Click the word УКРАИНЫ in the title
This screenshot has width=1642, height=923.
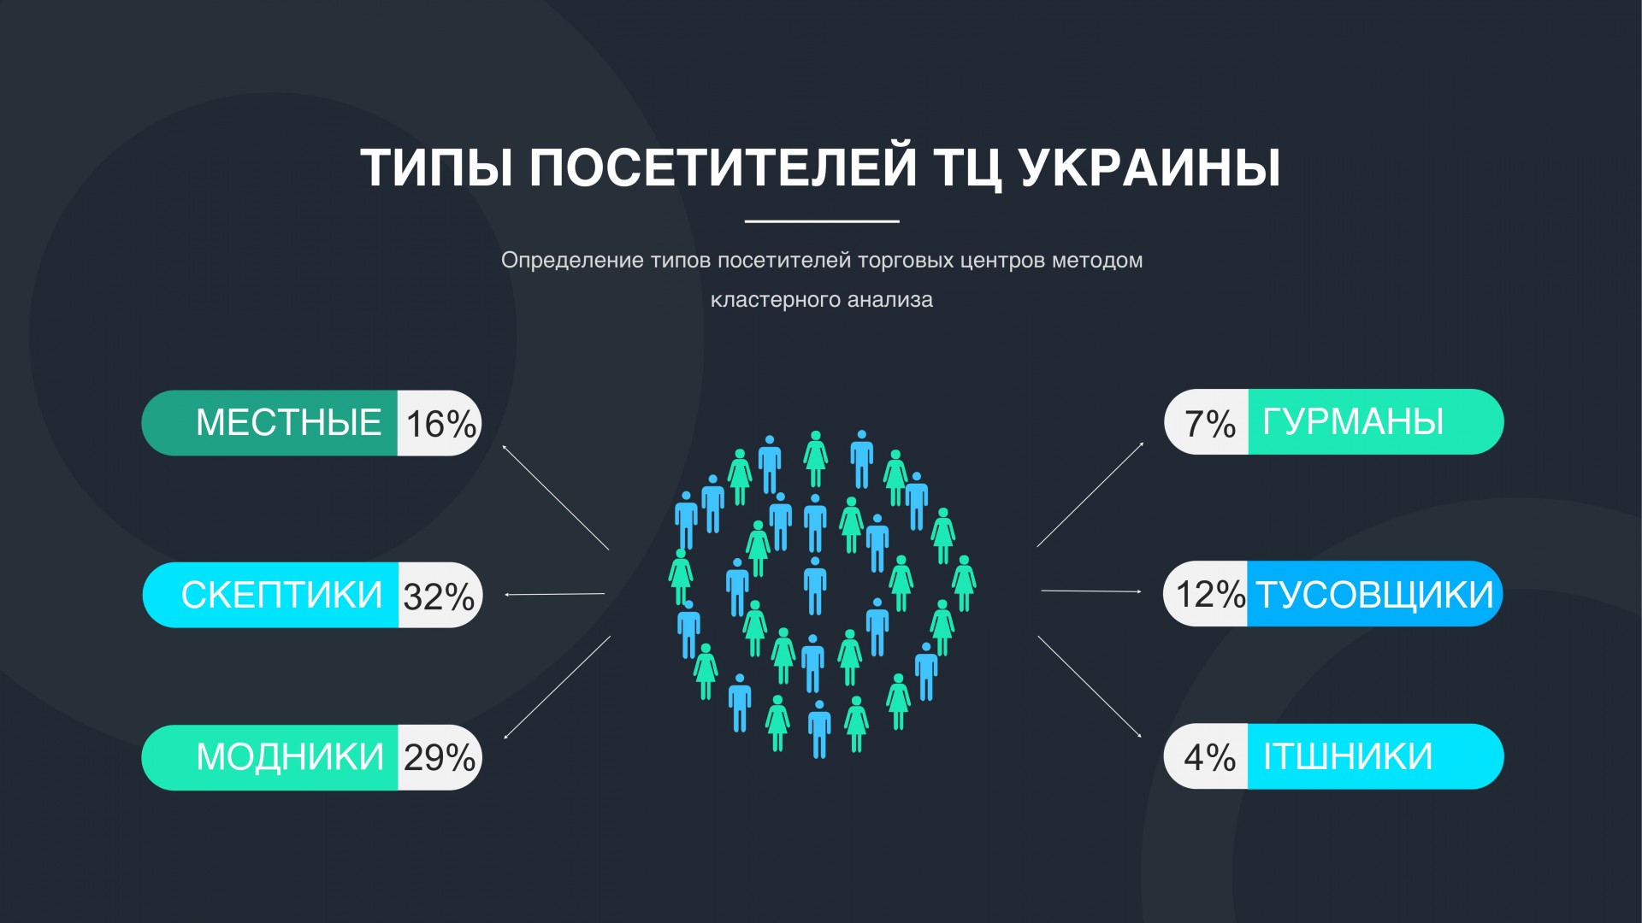point(1150,168)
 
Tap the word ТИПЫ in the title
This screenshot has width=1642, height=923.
point(437,168)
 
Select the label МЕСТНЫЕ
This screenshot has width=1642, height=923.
point(288,423)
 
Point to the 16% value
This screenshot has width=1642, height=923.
point(440,424)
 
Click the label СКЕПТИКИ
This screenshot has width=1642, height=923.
point(281,595)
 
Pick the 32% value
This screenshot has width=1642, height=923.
point(439,597)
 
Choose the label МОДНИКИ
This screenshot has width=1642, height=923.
point(290,757)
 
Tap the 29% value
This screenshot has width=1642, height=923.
point(440,758)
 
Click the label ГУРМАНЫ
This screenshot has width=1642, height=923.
point(1353,422)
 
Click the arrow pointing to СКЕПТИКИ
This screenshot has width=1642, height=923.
point(555,594)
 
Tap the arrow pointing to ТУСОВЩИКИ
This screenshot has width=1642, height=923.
point(1091,591)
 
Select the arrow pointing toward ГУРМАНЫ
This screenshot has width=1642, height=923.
point(1090,494)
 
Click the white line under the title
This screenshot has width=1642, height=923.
point(822,221)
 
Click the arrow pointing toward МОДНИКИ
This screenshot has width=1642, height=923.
point(558,687)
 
